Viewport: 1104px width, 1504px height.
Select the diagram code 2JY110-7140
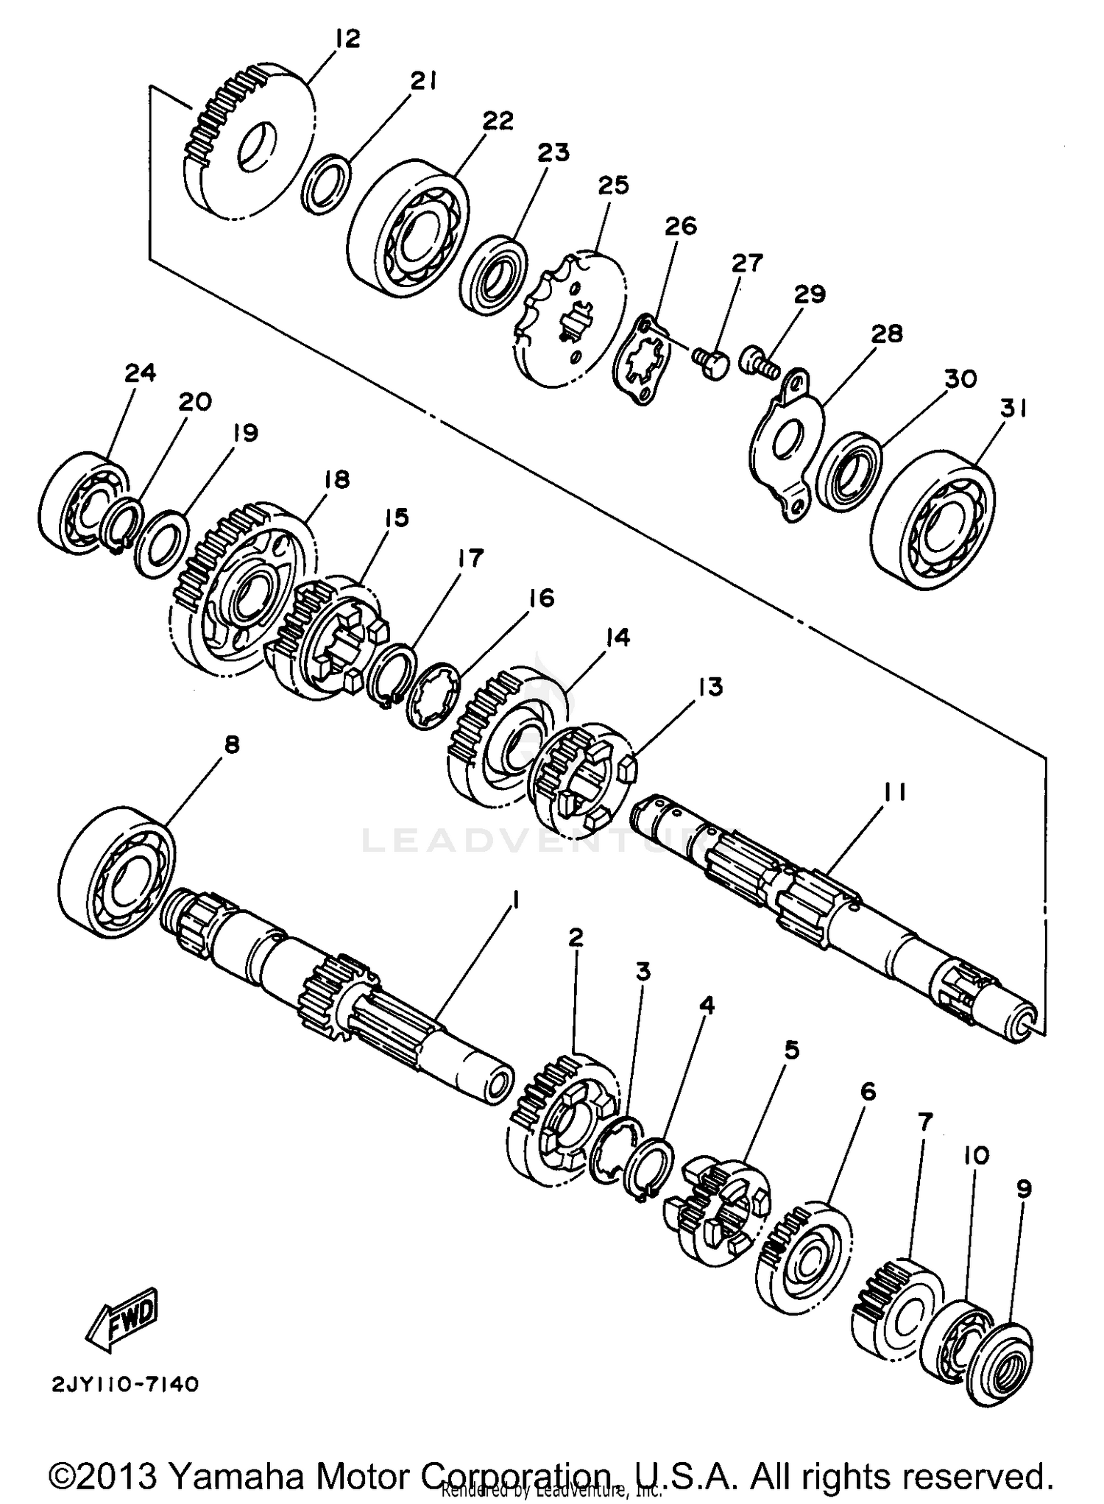tap(125, 1385)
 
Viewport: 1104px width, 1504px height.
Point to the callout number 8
tap(231, 745)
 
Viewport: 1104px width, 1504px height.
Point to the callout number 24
tap(140, 373)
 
